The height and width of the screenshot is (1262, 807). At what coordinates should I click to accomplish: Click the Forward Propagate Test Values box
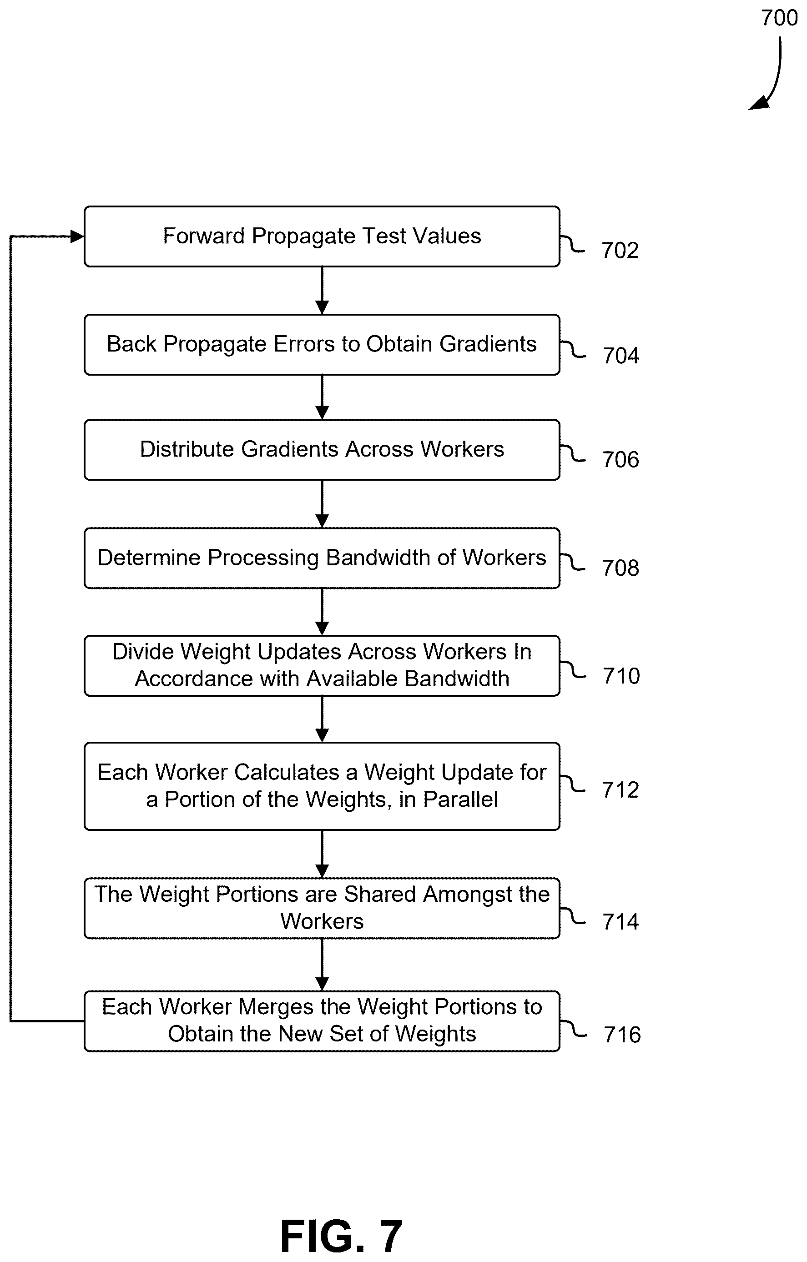[322, 236]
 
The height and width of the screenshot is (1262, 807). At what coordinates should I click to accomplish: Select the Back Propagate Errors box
[322, 345]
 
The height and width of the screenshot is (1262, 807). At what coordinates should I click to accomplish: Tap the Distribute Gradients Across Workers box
[322, 450]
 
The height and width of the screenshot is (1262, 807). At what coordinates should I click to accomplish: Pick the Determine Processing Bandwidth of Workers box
[322, 558]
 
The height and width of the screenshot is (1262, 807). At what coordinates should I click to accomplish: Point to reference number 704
[621, 356]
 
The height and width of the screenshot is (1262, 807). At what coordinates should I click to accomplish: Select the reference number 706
[621, 460]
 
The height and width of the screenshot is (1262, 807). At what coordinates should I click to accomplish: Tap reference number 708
[620, 568]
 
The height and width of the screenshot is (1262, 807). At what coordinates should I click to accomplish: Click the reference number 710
[621, 676]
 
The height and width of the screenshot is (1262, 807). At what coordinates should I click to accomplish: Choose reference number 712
[620, 790]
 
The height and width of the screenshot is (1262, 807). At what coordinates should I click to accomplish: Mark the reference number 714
[620, 922]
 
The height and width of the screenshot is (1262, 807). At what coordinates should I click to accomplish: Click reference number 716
[622, 1035]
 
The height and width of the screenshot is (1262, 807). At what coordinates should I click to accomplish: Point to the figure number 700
[779, 18]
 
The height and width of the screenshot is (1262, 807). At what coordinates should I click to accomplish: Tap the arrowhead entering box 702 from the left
[77, 236]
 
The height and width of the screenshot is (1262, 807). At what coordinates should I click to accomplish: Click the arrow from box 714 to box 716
[322, 964]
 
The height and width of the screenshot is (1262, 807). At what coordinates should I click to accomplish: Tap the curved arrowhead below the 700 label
[759, 103]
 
